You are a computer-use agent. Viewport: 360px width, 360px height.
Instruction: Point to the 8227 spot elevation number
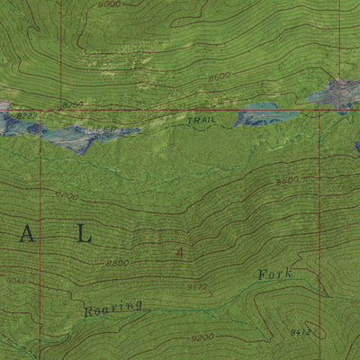click(x=26, y=115)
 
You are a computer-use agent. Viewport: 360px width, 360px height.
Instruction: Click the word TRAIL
click(x=202, y=119)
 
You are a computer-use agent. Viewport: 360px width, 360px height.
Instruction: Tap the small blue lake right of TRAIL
click(x=266, y=115)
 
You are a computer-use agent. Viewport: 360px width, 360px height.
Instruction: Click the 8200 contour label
click(x=67, y=194)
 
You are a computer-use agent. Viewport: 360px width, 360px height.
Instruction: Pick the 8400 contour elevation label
click(x=287, y=181)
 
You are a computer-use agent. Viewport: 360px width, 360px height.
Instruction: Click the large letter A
click(x=29, y=236)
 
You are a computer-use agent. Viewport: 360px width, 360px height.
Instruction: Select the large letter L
click(x=84, y=235)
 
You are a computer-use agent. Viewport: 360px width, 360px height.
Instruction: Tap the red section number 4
click(x=180, y=253)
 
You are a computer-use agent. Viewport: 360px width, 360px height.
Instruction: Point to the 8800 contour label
click(x=117, y=263)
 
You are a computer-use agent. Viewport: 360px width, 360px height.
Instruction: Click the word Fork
click(x=274, y=274)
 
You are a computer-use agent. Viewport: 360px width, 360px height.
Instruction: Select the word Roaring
click(x=113, y=309)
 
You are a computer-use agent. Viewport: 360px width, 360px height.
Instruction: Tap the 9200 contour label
click(x=202, y=339)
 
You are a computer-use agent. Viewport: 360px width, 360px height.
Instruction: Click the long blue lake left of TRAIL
click(x=85, y=135)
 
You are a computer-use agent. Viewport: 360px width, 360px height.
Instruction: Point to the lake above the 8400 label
click(x=335, y=94)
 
